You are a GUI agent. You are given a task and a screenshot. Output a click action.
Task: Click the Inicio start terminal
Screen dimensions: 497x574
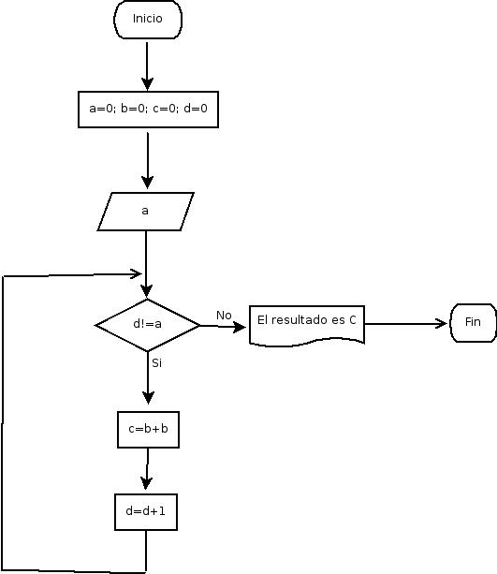[148, 20]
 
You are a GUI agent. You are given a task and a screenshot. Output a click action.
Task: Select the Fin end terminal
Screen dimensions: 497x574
[473, 322]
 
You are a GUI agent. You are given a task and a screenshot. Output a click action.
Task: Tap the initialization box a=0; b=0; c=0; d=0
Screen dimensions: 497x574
[148, 110]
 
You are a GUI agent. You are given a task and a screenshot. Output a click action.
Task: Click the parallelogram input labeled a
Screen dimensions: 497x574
[146, 212]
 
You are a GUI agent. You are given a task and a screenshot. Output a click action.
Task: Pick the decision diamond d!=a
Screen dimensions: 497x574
[148, 325]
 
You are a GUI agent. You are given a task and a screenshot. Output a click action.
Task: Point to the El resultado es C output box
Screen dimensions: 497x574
[307, 325]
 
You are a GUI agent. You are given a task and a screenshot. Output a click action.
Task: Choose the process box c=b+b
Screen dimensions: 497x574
[148, 430]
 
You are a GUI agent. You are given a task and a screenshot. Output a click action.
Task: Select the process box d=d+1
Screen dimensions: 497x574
[146, 512]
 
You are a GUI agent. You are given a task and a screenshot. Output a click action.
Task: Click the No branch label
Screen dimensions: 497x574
[224, 316]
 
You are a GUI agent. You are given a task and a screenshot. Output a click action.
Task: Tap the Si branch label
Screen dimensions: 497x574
[156, 362]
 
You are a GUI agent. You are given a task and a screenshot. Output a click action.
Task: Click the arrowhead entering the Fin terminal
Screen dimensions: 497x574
[442, 324]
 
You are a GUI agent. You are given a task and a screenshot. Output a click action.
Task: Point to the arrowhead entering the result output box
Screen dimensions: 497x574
[240, 327]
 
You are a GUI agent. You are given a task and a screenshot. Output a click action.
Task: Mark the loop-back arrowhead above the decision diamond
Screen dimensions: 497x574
[136, 273]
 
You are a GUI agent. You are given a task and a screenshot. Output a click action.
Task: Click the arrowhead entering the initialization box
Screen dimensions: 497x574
[147, 84]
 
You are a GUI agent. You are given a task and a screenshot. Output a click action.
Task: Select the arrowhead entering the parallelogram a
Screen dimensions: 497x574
[148, 183]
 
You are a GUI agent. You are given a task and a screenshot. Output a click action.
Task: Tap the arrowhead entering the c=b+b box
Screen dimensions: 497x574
[148, 398]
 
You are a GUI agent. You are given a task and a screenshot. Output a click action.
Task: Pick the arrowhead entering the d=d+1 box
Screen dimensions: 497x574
[146, 483]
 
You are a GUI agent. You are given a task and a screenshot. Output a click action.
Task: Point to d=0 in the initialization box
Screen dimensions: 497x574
[196, 109]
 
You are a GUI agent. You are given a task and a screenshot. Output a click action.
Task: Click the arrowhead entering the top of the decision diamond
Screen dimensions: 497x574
[146, 291]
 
